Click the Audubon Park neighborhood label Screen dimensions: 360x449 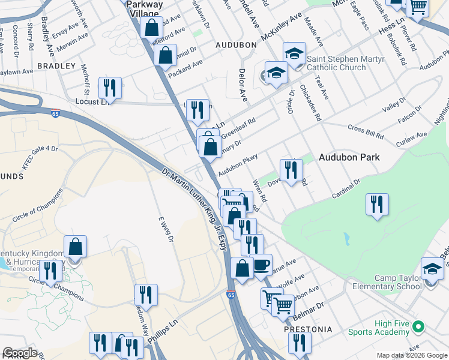tap(349, 157)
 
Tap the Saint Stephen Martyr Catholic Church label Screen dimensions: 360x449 tap(345, 63)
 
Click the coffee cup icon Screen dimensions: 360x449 tap(261, 265)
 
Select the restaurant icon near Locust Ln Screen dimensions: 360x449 tap(110, 88)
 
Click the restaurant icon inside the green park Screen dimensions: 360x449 tap(377, 204)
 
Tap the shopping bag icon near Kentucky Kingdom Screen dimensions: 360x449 tap(75, 246)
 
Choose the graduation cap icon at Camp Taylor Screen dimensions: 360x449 tap(432, 269)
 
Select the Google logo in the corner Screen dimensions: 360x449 tap(20, 353)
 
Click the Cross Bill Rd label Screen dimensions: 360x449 tap(365, 129)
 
